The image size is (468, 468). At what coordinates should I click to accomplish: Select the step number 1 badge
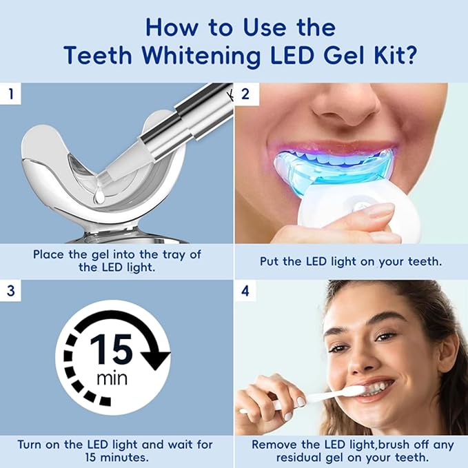pos(9,92)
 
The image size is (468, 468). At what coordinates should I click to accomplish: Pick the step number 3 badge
pos(9,289)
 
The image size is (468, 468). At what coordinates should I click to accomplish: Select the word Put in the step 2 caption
pos(269,261)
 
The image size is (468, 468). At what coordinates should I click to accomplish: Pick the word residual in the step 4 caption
pos(278,457)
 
